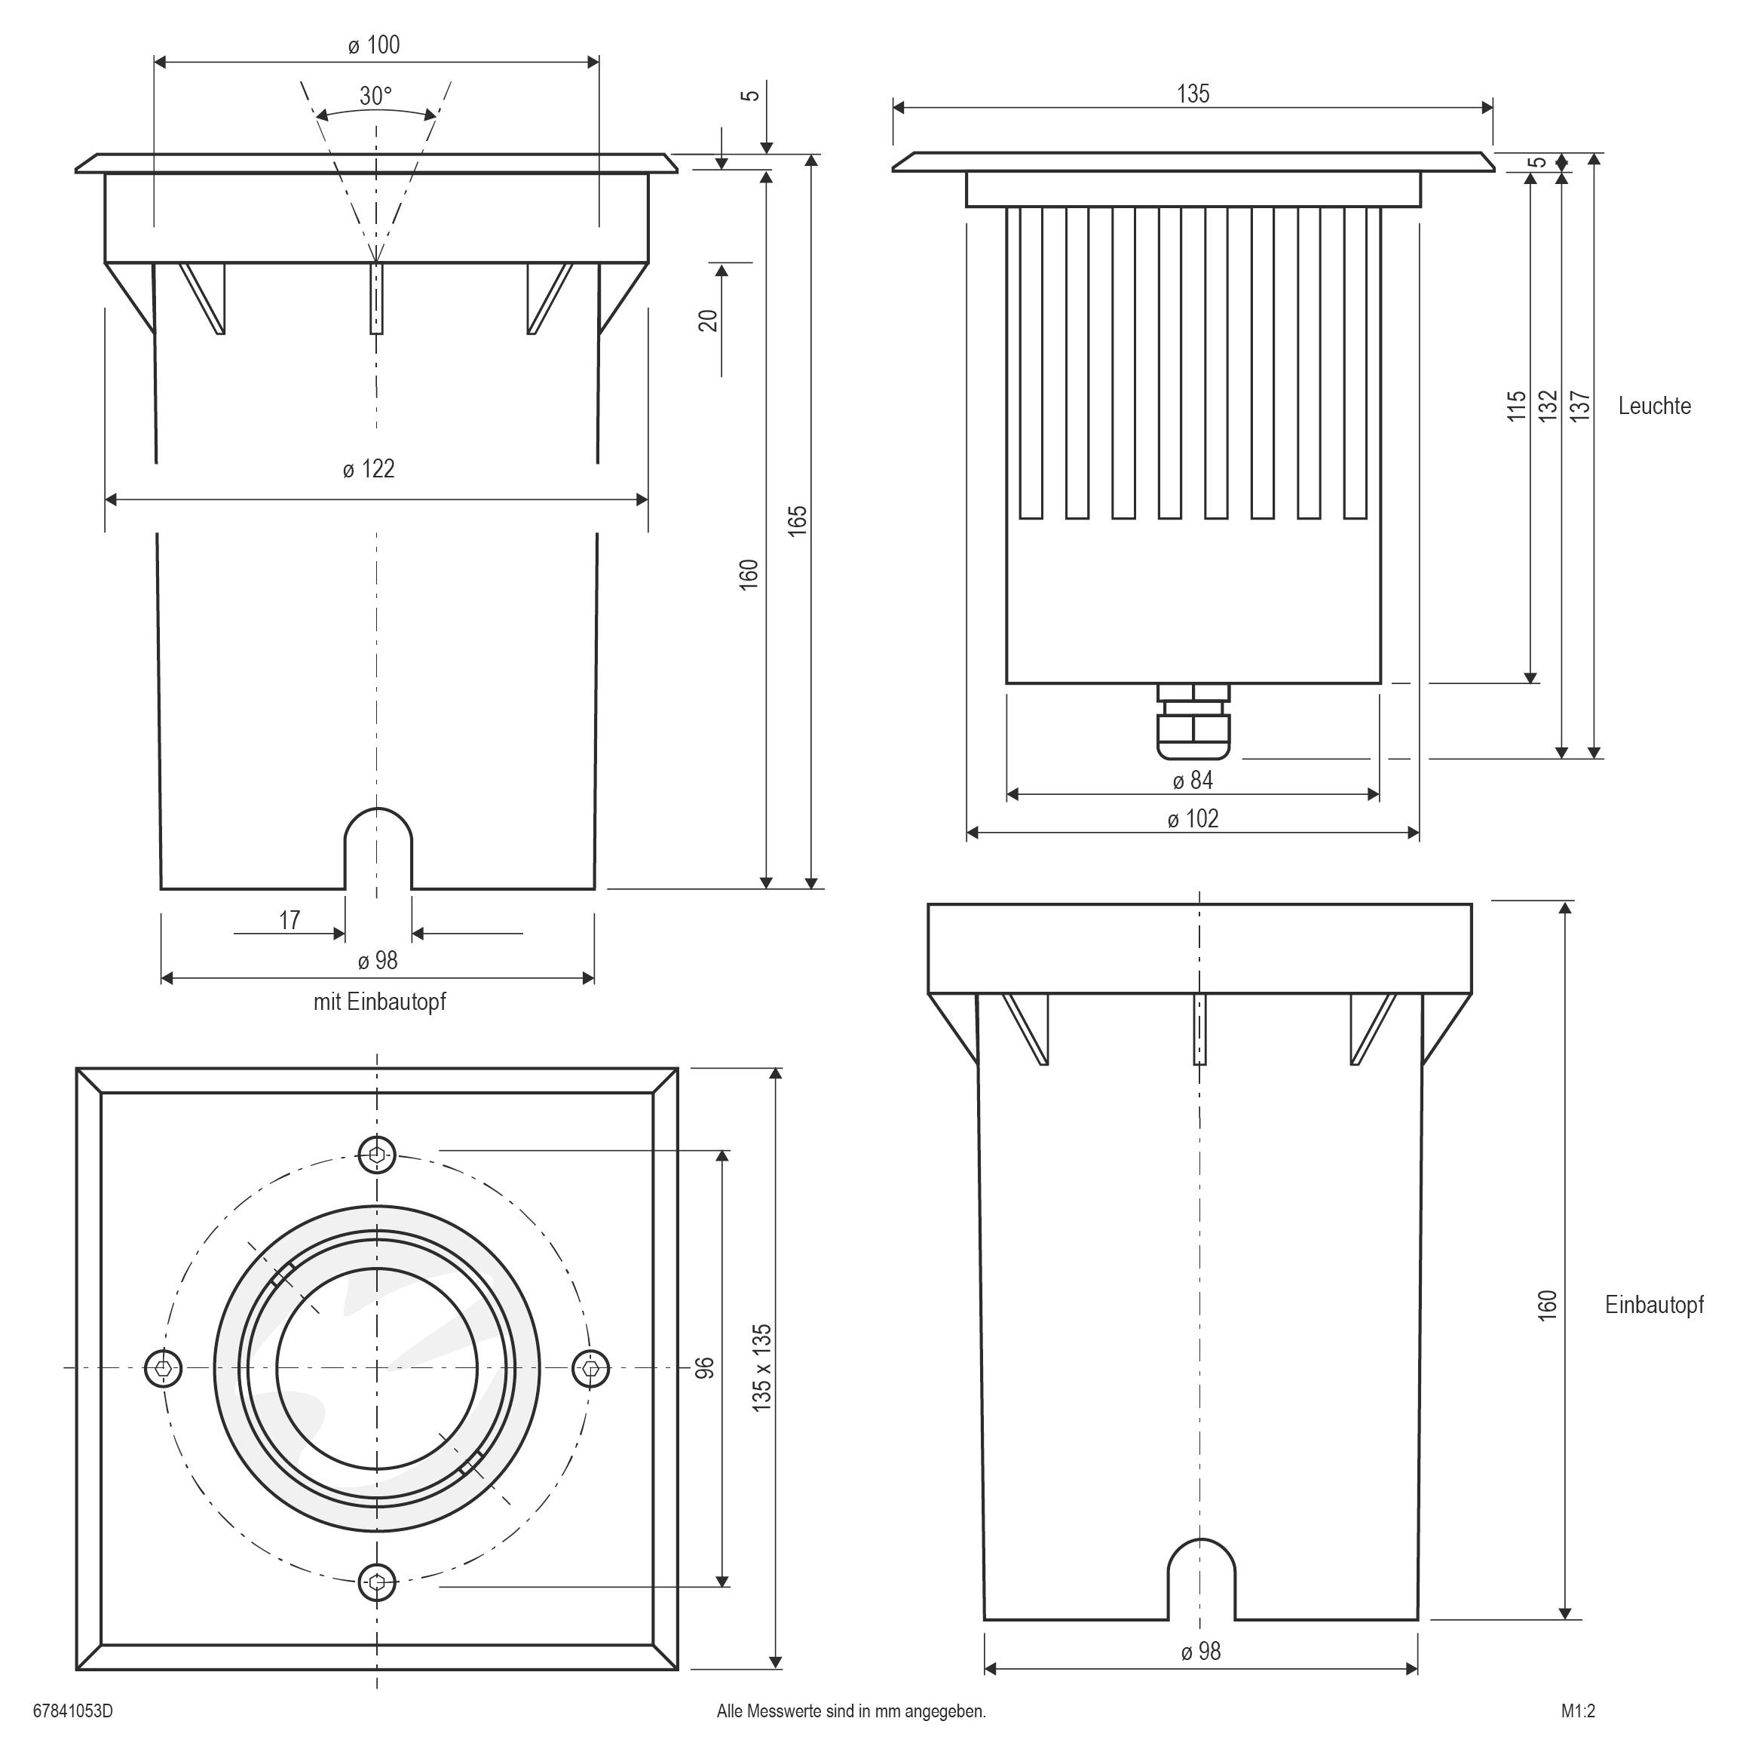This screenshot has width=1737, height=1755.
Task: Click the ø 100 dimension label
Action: [373, 45]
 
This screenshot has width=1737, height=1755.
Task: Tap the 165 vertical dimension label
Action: [797, 520]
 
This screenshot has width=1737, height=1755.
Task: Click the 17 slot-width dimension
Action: [289, 921]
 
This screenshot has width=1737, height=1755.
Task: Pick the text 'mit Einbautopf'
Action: [379, 1002]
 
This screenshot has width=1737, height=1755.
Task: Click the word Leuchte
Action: [1653, 406]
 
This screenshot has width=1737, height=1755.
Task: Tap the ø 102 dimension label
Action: [1192, 819]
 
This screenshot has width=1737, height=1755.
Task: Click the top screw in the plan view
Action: [377, 1155]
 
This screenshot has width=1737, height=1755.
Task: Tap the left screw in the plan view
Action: [164, 1368]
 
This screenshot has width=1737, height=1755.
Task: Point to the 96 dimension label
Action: [705, 1368]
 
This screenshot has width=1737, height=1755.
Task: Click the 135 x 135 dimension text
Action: [761, 1368]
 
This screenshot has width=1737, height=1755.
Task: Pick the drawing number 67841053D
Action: [72, 1711]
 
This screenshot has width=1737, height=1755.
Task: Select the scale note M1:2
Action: [1578, 1711]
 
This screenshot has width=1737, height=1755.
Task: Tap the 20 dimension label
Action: [708, 321]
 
